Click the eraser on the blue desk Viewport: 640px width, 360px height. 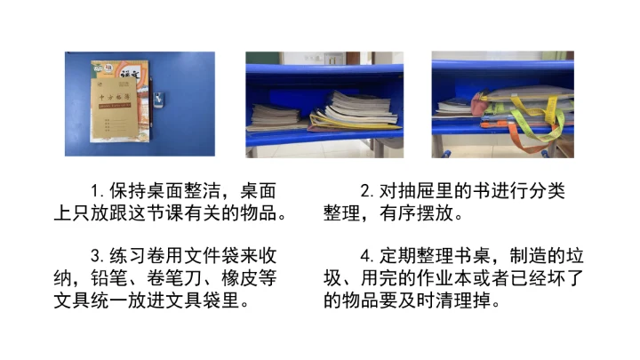point(158,100)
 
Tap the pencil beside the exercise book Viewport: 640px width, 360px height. point(151,105)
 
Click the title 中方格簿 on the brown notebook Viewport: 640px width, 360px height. point(115,97)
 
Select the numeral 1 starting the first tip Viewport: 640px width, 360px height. point(95,191)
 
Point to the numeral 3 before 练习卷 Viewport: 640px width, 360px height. point(96,256)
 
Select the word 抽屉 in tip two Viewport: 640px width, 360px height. point(426,191)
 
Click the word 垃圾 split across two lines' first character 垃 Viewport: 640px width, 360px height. point(575,256)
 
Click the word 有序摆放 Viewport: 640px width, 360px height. point(416,213)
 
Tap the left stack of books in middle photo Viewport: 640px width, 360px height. point(275,117)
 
